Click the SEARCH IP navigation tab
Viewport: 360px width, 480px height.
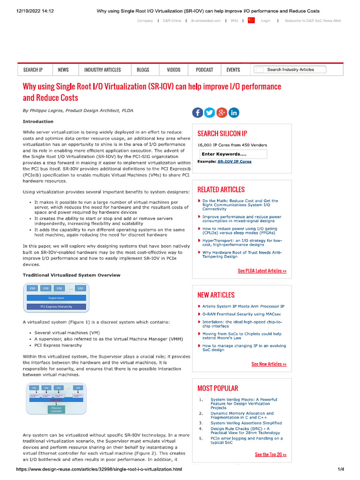[x=33, y=70]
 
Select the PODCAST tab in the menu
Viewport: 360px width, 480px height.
[x=204, y=70]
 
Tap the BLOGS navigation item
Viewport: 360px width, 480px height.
[x=143, y=70]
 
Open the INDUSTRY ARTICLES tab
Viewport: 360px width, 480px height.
[x=102, y=70]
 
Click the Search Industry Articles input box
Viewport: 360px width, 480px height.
[x=291, y=70]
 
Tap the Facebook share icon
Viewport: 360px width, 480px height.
[x=198, y=112]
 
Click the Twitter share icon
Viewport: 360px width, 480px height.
[x=210, y=112]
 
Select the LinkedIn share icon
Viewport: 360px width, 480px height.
[x=233, y=112]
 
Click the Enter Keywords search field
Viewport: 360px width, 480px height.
[x=232, y=154]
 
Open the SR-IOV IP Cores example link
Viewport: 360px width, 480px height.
[x=234, y=161]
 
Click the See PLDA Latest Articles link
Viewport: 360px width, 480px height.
[x=262, y=271]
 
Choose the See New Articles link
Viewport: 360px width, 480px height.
[x=269, y=364]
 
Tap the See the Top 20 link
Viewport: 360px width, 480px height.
[x=270, y=455]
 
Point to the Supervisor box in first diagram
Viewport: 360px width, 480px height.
[x=56, y=298]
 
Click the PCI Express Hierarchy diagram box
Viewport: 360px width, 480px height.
[x=56, y=307]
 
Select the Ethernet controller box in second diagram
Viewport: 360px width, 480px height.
[x=56, y=410]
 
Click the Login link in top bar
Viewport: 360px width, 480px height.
[x=266, y=21]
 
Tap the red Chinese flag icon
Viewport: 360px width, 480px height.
[x=251, y=20]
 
